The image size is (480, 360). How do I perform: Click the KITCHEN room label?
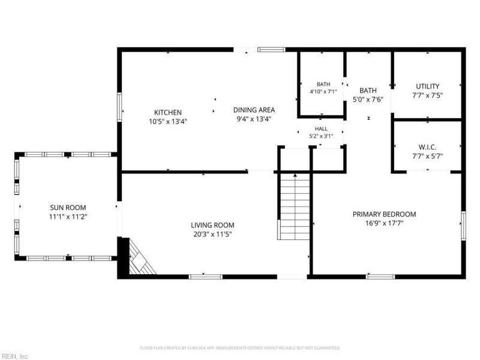[x=168, y=112]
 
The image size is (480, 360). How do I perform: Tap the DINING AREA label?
[x=254, y=110]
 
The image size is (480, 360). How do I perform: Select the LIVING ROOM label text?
[x=212, y=226]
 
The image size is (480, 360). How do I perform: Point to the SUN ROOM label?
[x=68, y=208]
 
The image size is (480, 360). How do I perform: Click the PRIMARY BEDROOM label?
[x=384, y=214]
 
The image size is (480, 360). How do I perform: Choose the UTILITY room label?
[x=427, y=86]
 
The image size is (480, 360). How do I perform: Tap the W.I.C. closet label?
[x=427, y=147]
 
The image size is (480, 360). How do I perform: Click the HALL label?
[x=321, y=129]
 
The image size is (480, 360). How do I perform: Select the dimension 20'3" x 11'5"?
[x=212, y=235]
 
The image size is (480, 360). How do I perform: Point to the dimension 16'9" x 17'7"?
[x=384, y=223]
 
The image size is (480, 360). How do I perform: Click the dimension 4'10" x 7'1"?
[x=323, y=91]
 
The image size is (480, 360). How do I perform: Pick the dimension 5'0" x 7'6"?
[x=368, y=100]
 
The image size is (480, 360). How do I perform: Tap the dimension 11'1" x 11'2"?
[x=68, y=217]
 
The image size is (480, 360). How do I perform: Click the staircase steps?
[x=295, y=206]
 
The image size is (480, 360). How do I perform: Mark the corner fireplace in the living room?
[x=139, y=257]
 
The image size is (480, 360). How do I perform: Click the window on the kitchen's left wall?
[x=119, y=107]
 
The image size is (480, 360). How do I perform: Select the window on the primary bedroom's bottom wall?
[x=380, y=277]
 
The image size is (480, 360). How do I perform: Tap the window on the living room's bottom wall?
[x=205, y=277]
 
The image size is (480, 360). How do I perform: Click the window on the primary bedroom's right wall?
[x=463, y=226]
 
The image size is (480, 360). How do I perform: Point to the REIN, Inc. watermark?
[x=14, y=356]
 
